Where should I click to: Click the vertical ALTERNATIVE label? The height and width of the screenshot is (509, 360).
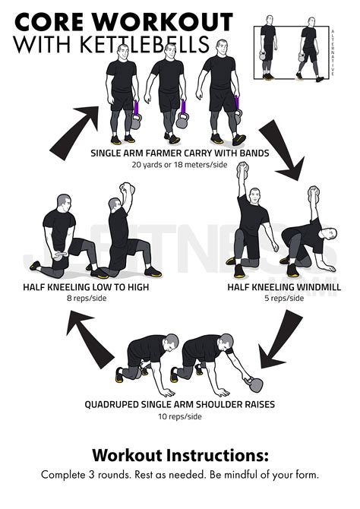[332, 53]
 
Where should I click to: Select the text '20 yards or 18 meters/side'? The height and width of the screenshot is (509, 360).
[179, 164]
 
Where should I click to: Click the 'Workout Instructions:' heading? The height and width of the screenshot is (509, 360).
[180, 456]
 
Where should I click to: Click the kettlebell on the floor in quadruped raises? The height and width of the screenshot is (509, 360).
[248, 376]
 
